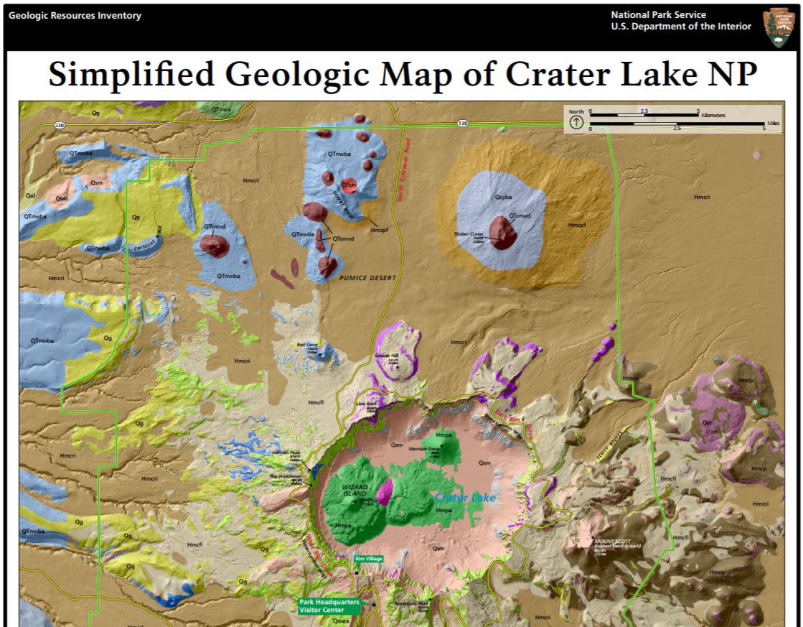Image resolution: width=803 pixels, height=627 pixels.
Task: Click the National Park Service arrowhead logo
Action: pos(779,28)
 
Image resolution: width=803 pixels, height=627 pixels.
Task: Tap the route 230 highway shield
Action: pos(59,125)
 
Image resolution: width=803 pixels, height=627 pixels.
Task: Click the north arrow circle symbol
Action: pos(576,122)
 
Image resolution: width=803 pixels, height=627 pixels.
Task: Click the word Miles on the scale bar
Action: pos(772,124)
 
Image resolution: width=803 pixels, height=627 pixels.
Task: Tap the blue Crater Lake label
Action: pos(465,497)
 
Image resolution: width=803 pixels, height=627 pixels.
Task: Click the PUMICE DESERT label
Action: pos(368,278)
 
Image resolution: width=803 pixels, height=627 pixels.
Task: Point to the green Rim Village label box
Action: pos(369,559)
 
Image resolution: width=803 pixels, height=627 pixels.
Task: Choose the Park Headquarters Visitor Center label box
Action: pos(329,606)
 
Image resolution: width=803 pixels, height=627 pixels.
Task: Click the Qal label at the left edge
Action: pos(30,195)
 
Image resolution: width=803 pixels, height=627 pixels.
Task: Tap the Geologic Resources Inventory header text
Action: pos(75,16)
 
